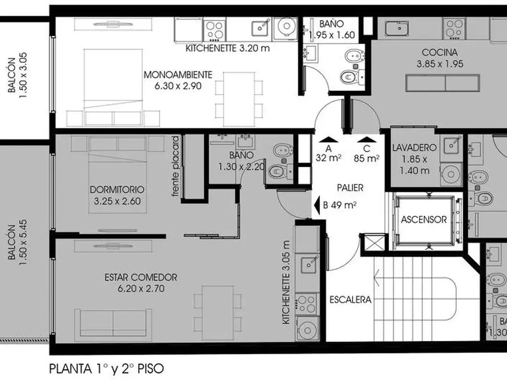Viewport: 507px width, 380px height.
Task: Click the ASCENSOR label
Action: (x=424, y=220)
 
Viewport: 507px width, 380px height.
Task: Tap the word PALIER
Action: (x=350, y=188)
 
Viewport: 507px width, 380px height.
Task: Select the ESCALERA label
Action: (x=350, y=299)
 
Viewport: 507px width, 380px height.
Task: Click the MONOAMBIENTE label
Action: (x=178, y=75)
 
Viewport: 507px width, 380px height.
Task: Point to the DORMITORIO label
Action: (x=117, y=190)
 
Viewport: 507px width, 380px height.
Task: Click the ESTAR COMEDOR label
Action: (x=141, y=277)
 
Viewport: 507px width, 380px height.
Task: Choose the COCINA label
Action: (x=440, y=52)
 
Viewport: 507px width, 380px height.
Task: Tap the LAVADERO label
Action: (x=414, y=147)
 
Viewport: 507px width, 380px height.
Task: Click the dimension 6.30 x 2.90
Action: (x=178, y=86)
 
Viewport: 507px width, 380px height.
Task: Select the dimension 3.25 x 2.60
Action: (x=117, y=201)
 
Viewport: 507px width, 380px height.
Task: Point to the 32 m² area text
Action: (x=329, y=158)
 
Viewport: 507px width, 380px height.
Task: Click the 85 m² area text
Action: (x=367, y=158)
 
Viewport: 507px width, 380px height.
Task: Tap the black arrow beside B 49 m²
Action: (x=317, y=204)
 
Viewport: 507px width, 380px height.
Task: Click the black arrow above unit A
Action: (x=329, y=140)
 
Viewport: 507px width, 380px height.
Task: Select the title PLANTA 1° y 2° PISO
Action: (x=106, y=368)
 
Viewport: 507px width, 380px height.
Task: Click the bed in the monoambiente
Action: (x=113, y=87)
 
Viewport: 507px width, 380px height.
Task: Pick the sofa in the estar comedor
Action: (x=113, y=325)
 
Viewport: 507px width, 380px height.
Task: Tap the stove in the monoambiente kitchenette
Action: (x=215, y=30)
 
